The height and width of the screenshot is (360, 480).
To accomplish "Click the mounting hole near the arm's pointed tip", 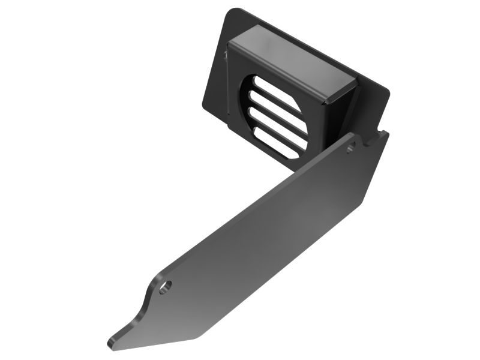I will [x=165, y=286].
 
